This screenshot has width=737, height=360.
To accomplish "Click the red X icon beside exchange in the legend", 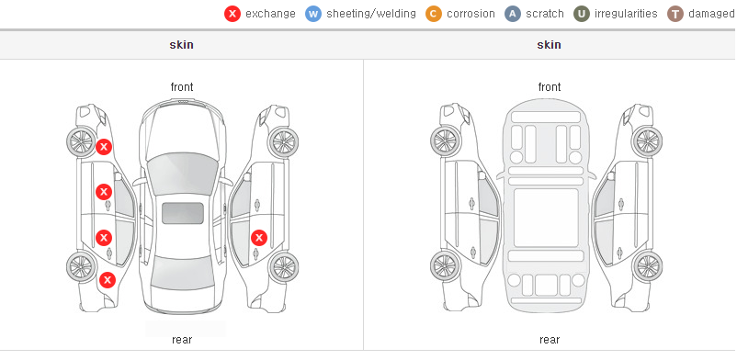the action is click(x=232, y=14).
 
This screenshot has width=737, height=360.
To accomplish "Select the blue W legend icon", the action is click(x=313, y=14).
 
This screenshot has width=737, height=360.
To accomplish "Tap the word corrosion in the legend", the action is click(x=471, y=14).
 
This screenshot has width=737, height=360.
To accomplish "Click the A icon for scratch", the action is click(x=513, y=14).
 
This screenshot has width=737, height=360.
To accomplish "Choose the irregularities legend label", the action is click(x=626, y=14).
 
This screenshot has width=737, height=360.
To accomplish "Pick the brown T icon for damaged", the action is click(x=675, y=14).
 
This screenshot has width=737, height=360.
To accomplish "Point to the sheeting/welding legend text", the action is click(x=371, y=14).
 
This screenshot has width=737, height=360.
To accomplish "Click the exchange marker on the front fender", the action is click(x=104, y=147).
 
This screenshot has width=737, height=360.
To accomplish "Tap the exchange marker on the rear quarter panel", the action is click(x=108, y=280).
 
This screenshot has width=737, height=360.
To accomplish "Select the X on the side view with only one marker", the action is click(x=259, y=238).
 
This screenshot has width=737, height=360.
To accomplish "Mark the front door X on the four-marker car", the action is click(x=104, y=192).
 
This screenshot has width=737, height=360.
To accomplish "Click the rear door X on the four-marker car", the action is click(x=104, y=238).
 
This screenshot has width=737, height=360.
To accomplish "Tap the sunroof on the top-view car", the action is click(x=183, y=213).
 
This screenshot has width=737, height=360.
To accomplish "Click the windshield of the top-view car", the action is click(x=183, y=174).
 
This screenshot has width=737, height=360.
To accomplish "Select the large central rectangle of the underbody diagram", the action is click(x=546, y=218).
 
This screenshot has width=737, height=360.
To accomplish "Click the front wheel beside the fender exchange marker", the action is click(x=81, y=141).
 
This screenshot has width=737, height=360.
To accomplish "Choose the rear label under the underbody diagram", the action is click(x=550, y=340).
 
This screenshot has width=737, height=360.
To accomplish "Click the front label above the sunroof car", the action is click(x=182, y=87).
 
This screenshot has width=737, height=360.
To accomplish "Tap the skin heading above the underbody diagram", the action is click(x=549, y=45).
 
